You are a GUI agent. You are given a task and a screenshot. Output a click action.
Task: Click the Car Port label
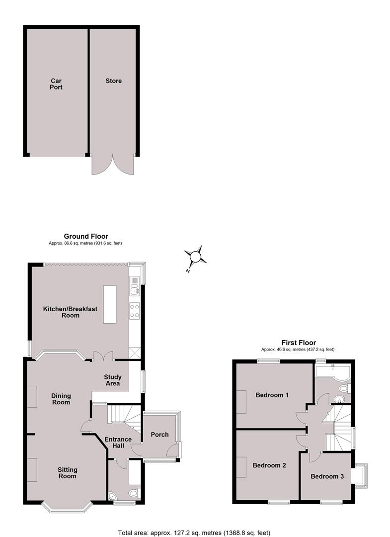pyautogui.click(x=56, y=84)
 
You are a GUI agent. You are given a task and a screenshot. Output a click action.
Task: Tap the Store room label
pyautogui.click(x=114, y=81)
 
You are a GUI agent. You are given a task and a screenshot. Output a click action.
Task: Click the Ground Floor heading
pyautogui.click(x=86, y=236)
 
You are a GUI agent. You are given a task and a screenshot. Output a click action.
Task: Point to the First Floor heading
pyautogui.click(x=299, y=343)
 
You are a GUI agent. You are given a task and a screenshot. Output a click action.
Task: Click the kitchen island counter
pyautogui.click(x=110, y=304)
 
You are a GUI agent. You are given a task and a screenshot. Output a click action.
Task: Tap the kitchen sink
pyautogui.click(x=135, y=289)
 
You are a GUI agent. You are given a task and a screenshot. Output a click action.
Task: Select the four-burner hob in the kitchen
pyautogui.click(x=135, y=311)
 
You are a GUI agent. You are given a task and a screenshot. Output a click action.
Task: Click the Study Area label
pyautogui.click(x=113, y=380)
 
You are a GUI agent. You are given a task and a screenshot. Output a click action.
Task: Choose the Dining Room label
pyautogui.click(x=61, y=399)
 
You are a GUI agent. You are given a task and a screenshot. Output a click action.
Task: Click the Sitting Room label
pyautogui.click(x=68, y=473)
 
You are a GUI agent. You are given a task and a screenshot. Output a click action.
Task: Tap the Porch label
pyautogui.click(x=160, y=435)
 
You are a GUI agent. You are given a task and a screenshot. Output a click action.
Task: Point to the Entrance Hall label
pyautogui.click(x=118, y=443)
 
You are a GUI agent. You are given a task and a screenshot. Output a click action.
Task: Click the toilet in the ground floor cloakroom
pyautogui.click(x=135, y=493)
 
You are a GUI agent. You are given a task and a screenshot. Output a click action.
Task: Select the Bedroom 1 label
pyautogui.click(x=272, y=395)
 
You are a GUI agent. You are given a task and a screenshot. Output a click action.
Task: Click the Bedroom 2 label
pyautogui.click(x=269, y=465)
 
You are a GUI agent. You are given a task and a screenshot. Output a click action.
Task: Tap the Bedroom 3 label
pyautogui.click(x=327, y=476)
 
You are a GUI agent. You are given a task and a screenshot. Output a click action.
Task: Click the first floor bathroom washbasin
pyautogui.click(x=338, y=399)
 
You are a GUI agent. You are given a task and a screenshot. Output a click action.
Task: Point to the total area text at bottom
pyautogui.click(x=194, y=533)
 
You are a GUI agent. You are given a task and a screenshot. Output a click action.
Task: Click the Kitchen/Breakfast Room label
pyautogui.click(x=70, y=312)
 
